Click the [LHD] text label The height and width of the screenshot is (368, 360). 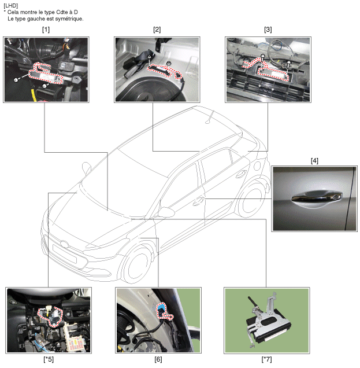(x=11, y=5)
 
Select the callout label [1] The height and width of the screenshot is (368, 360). (x=46, y=30)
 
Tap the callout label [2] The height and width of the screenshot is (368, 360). (x=157, y=30)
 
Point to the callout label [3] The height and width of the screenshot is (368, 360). (x=268, y=30)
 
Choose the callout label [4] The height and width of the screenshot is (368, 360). (x=314, y=161)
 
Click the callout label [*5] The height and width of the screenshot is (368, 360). (x=49, y=359)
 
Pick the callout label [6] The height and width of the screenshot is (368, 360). (x=158, y=359)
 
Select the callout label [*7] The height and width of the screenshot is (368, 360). (x=267, y=359)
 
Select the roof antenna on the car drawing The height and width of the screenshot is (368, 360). (x=209, y=117)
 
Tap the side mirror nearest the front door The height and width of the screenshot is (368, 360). (x=166, y=212)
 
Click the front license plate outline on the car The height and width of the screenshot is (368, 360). (x=65, y=253)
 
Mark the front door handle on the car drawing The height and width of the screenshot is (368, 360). (x=198, y=201)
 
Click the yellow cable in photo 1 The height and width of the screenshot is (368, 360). (x=34, y=94)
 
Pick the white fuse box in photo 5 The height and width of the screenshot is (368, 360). (x=75, y=336)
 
